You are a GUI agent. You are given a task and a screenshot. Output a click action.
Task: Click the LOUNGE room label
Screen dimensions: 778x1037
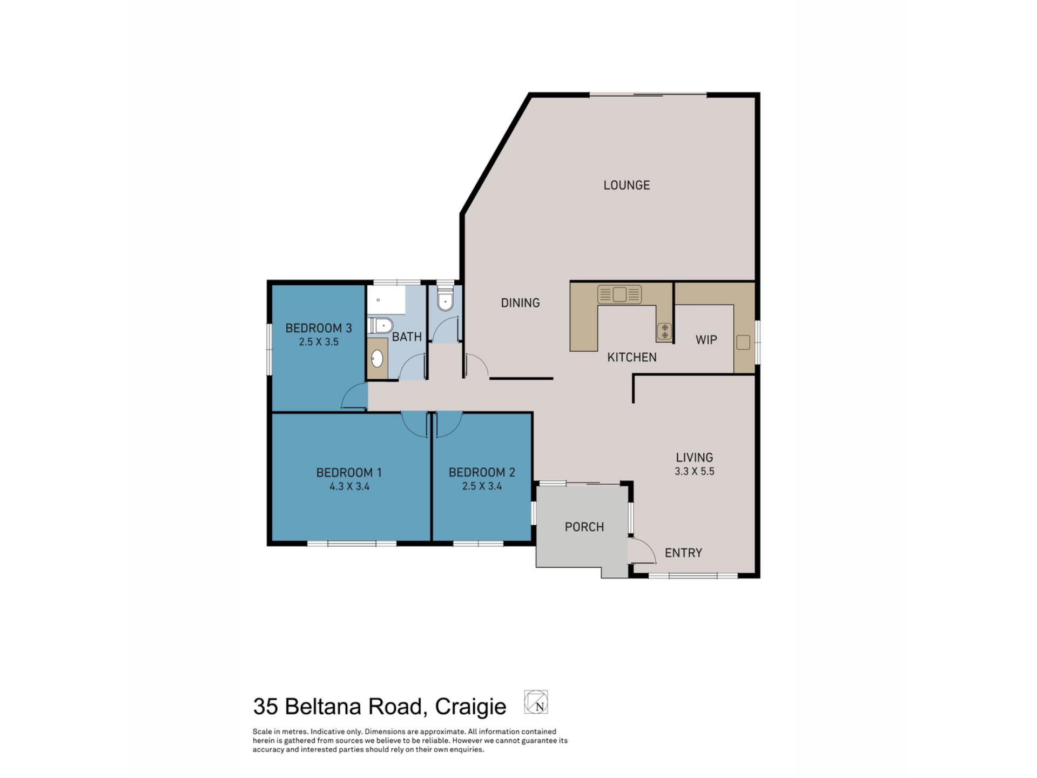[x=627, y=185]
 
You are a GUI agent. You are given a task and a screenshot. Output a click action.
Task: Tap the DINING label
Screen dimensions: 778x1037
[x=520, y=303]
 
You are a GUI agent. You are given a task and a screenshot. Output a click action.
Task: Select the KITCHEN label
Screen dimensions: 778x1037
[x=631, y=357]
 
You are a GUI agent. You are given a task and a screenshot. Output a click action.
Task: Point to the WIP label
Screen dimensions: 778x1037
[x=706, y=340]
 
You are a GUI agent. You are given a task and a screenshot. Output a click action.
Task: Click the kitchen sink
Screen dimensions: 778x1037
[x=619, y=294]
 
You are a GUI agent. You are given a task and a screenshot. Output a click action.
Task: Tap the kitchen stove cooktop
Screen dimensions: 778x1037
[x=664, y=331]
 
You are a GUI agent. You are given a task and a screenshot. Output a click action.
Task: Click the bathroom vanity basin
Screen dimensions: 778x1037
[x=377, y=358]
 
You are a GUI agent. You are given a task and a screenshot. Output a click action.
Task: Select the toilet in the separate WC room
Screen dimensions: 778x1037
[x=445, y=301]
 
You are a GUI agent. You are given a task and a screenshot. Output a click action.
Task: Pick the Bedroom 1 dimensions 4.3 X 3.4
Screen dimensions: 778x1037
[x=349, y=486]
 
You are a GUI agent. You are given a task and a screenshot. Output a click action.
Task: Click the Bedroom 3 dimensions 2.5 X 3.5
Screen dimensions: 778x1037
[x=319, y=341]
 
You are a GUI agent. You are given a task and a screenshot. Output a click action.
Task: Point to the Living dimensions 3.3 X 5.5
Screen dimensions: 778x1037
[x=694, y=471]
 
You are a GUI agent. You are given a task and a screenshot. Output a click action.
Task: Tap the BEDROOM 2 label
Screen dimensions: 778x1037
[x=482, y=472]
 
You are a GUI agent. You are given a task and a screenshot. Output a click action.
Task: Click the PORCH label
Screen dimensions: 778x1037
[x=584, y=527]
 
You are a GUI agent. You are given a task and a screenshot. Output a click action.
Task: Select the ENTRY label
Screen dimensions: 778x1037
[x=683, y=553]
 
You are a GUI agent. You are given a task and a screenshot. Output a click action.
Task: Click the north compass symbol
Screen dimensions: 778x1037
[x=536, y=702]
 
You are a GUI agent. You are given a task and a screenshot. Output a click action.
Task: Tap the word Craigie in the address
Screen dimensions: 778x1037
[x=470, y=706]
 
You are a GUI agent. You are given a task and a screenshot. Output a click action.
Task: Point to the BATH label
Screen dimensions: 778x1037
[x=407, y=337]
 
